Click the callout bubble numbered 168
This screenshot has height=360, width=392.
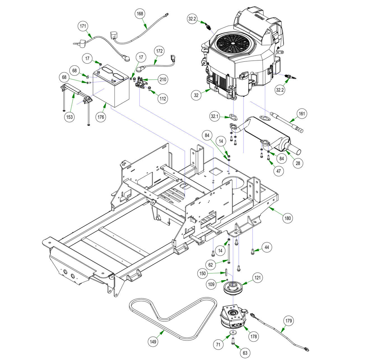140,13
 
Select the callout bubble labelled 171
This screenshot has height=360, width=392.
83,26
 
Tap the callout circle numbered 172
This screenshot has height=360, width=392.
159,51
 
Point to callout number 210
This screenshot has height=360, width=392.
163,79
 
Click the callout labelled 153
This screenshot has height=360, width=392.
69,117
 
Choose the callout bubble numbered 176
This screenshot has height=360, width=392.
101,117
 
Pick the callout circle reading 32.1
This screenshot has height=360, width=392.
214,116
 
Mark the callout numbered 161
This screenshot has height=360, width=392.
302,114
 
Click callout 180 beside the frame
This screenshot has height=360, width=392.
288,218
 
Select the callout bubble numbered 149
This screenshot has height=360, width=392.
153,342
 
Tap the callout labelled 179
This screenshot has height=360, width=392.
289,321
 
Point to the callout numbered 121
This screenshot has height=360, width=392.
257,278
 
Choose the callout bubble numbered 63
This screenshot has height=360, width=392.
245,353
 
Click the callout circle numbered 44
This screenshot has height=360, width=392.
267,247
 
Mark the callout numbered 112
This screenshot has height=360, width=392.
163,99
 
